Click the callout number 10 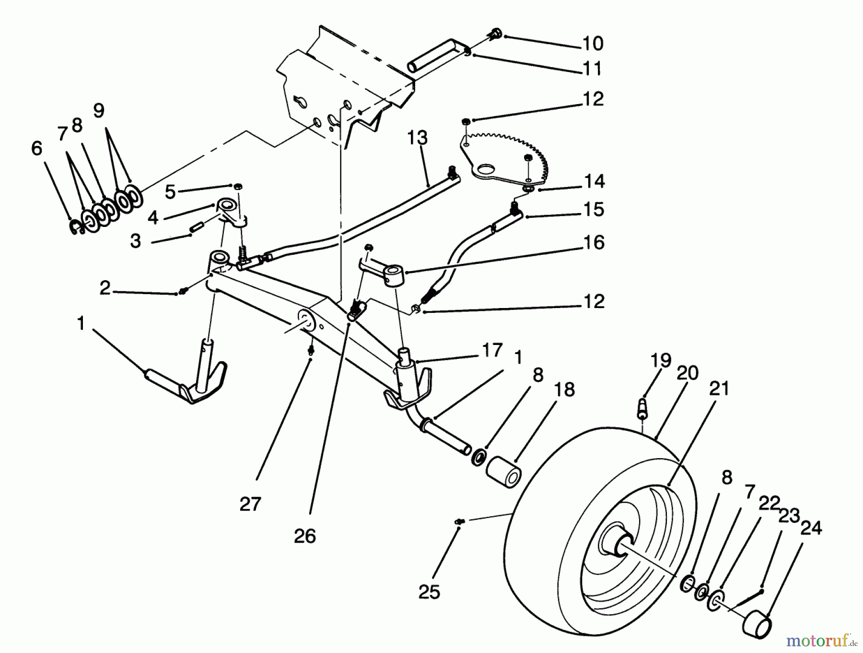(593, 44)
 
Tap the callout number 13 (417, 138)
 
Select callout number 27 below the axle (250, 504)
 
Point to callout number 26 (305, 535)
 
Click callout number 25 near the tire (429, 593)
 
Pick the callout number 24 (811, 528)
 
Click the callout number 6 (36, 149)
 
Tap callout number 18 (566, 390)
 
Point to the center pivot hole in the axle (304, 320)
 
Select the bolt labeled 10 (495, 34)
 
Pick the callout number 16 (594, 243)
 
